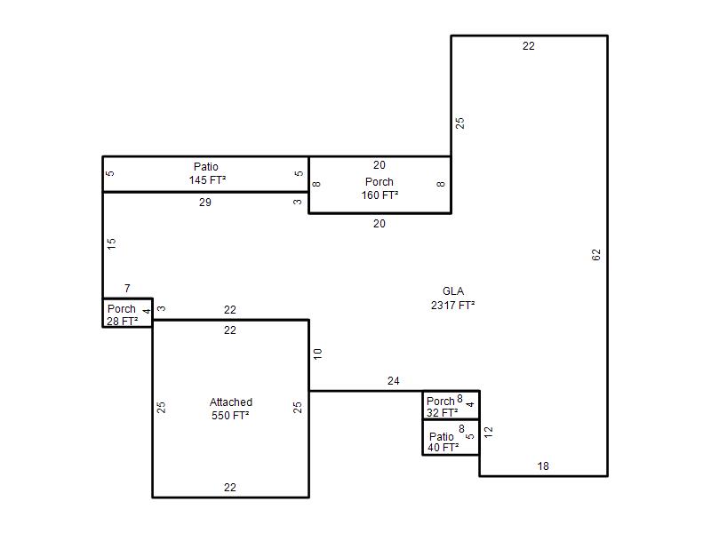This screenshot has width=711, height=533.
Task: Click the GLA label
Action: [x=453, y=291]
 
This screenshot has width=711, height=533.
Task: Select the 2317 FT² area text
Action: [x=452, y=305]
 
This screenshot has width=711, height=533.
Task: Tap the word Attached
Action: [x=231, y=402]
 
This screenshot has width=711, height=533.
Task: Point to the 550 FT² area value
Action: [x=230, y=415]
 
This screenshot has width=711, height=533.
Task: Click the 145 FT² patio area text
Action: [x=207, y=180]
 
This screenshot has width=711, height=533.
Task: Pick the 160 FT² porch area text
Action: [x=379, y=195]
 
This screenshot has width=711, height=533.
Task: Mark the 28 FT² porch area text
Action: [x=123, y=321]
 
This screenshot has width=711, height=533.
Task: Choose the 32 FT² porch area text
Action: [x=442, y=412]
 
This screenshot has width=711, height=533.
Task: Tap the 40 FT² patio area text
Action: [x=443, y=448]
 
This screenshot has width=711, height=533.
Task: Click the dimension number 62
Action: [x=596, y=255]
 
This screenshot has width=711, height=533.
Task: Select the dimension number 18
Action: [x=543, y=465]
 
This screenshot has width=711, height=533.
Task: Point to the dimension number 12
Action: [x=488, y=432]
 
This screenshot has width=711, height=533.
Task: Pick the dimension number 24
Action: [x=393, y=381]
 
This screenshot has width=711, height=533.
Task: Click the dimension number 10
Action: [x=317, y=354]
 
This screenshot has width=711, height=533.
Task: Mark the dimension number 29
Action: [x=205, y=203]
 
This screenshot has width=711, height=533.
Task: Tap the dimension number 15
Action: [x=111, y=243]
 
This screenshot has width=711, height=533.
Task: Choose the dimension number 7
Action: [x=127, y=288]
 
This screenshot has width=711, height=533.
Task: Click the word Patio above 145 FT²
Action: [x=206, y=166]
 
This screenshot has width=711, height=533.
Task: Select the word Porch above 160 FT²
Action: [x=379, y=182]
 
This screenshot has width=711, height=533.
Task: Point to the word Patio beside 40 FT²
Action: [x=441, y=436]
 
